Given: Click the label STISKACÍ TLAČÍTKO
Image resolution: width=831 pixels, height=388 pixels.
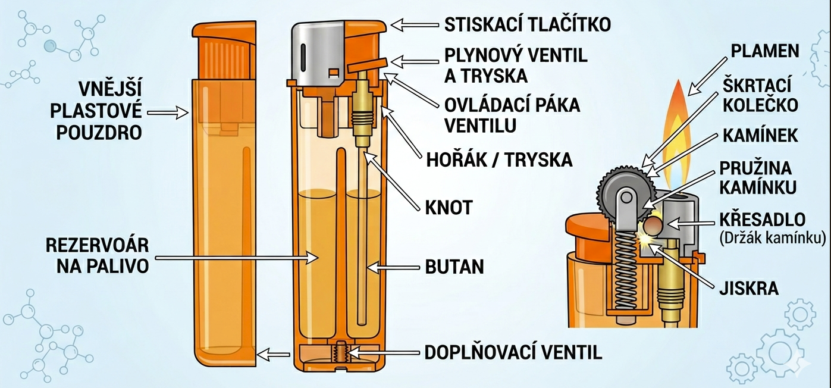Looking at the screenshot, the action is (x=528, y=24).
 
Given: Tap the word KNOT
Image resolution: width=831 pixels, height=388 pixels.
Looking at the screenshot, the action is (x=449, y=208).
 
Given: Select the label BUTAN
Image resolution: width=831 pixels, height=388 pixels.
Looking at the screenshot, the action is (x=454, y=267).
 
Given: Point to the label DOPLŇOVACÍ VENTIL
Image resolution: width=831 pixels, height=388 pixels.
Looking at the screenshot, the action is (x=513, y=352).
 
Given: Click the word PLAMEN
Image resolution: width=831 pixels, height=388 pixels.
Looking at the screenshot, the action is (x=765, y=51).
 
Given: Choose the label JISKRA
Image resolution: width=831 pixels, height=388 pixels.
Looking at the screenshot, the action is (x=749, y=289).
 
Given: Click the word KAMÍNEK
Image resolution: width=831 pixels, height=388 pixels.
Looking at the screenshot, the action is (x=760, y=135).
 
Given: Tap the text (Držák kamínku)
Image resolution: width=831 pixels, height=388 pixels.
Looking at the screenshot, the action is (x=773, y=237).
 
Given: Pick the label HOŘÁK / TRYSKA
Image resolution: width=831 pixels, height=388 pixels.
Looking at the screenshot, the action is (x=499, y=160).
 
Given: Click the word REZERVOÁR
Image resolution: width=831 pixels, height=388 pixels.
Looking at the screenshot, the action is (x=97, y=245).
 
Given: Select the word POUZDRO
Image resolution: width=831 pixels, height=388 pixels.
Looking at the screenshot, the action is (x=99, y=133).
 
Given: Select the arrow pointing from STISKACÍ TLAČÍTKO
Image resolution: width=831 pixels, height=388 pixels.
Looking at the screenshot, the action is (x=415, y=25).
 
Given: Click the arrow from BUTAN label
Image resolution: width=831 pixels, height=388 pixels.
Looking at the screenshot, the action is (x=393, y=267).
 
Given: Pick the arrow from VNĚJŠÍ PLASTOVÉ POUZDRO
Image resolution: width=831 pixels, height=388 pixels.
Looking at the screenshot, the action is (x=168, y=112).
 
